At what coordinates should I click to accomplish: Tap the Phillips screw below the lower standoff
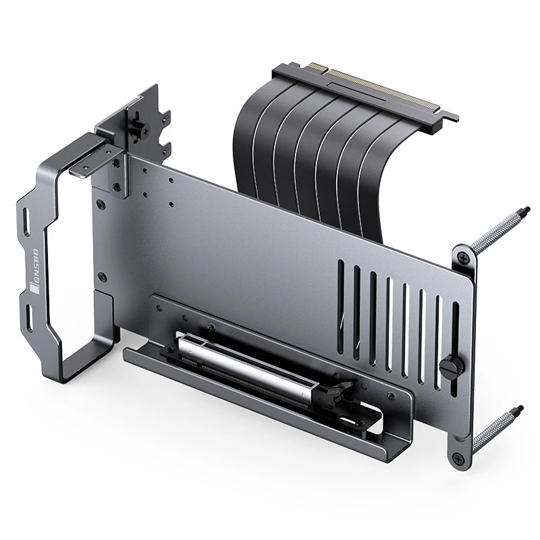tap(458, 458)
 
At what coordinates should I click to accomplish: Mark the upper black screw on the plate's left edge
tap(101, 200)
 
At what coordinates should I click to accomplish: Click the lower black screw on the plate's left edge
tap(101, 277)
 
